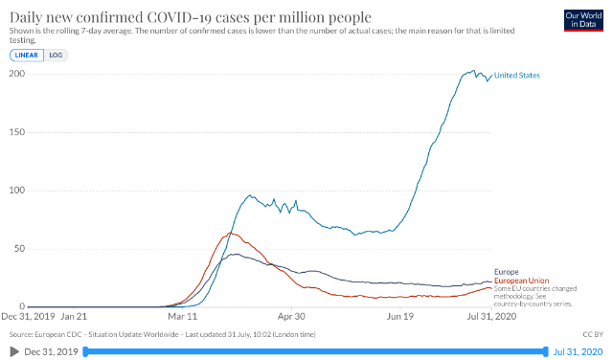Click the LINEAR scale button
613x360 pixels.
click(27, 56)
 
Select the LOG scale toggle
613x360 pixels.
click(56, 56)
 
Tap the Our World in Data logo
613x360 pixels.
click(583, 20)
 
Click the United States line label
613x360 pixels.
click(517, 76)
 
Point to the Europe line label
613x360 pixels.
click(507, 272)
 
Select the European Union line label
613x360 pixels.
click(521, 281)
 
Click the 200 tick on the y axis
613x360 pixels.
click(17, 74)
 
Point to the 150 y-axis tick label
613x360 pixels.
click(17, 132)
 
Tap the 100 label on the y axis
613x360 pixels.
click(17, 190)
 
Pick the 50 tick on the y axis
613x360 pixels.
click(19, 248)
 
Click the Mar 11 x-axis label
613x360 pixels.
click(183, 316)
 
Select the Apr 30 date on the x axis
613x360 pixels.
click(291, 316)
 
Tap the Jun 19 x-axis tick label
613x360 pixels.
click(400, 316)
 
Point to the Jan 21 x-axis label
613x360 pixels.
click(74, 316)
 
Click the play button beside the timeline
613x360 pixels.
click(14, 351)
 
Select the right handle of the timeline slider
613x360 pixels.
click(545, 351)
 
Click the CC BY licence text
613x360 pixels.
click(593, 334)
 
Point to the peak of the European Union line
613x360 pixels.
click(230, 233)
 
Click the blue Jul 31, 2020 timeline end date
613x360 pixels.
click(578, 351)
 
